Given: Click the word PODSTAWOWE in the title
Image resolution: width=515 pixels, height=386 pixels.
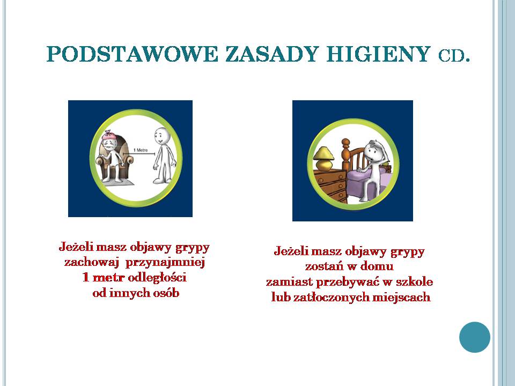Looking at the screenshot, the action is coord(132,54).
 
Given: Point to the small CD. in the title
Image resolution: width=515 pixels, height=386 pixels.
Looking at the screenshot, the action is coord(454,56).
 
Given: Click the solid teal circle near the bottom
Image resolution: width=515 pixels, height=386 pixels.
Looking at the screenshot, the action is coord(475,337).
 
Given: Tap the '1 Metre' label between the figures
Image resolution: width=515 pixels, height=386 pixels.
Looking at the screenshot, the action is coord(140,150).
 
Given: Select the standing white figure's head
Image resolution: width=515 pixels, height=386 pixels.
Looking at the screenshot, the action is coord(161,135).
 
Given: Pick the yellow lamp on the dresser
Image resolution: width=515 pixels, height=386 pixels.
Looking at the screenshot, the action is coord(323,158).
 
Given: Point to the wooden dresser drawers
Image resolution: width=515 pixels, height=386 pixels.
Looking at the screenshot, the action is coord(329,185).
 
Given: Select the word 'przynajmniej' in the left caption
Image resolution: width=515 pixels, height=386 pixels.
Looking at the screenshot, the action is coord(165,263).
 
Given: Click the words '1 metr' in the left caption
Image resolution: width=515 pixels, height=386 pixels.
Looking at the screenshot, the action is coord(104,277).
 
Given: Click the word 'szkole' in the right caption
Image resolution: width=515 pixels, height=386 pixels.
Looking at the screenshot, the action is coord(414,281).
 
